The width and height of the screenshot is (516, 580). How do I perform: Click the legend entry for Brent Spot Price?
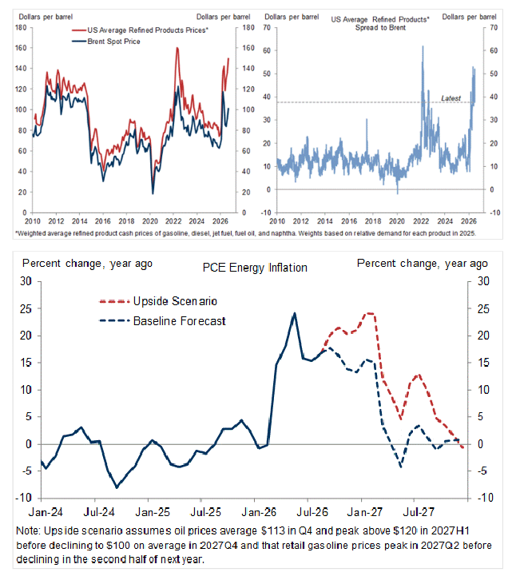106,42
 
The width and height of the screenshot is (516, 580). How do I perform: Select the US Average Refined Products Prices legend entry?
141,30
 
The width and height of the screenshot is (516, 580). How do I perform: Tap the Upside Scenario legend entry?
158,301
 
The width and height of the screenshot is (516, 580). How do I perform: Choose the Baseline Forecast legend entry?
162,320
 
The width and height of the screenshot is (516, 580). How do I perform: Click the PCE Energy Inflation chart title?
255,268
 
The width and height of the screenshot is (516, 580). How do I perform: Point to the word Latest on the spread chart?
451,98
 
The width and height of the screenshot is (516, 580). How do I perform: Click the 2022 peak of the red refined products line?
177,48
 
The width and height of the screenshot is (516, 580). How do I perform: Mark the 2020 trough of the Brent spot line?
153,193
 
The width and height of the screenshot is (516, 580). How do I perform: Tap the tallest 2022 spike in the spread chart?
423,46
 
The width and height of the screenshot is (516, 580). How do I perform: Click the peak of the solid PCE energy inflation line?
295,313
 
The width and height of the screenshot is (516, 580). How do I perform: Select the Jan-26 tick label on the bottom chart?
259,512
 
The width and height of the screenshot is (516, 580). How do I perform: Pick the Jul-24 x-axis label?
99,512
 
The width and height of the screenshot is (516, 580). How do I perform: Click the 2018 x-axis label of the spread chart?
373,221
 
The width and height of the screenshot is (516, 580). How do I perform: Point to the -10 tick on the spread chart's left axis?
266,213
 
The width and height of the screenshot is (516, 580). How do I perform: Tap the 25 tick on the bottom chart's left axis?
26,308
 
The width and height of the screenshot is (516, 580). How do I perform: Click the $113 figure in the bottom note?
273,530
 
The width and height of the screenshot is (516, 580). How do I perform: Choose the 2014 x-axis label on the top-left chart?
80,221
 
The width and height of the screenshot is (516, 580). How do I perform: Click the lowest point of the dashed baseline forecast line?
401,467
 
